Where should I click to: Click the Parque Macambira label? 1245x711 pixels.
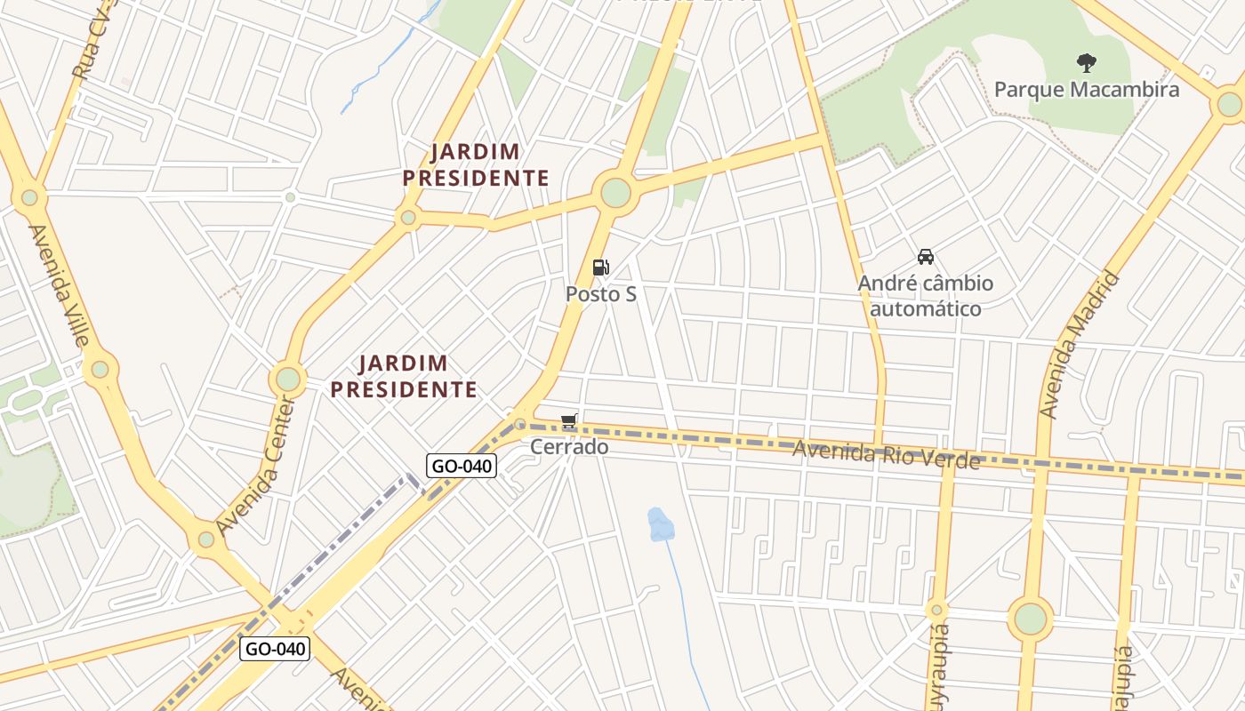click(x=1086, y=89)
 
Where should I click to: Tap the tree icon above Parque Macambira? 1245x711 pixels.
click(x=1086, y=63)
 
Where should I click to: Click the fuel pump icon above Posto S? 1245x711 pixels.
click(x=601, y=268)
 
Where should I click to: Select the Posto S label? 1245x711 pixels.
click(x=601, y=293)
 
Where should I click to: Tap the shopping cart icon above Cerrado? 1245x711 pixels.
click(x=569, y=421)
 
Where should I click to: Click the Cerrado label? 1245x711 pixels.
click(x=569, y=446)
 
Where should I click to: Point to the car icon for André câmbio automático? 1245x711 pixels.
click(x=926, y=258)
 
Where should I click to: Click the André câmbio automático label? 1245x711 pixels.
click(x=926, y=296)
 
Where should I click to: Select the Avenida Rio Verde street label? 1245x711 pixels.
click(x=886, y=455)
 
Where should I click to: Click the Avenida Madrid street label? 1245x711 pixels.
click(x=1078, y=345)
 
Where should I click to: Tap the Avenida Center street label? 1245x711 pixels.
click(x=254, y=466)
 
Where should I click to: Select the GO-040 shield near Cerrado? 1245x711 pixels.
click(x=461, y=466)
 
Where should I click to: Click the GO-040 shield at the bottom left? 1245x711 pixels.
click(x=275, y=649)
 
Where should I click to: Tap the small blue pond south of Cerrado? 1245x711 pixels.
click(x=660, y=524)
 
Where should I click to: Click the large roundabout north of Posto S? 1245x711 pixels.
click(x=615, y=193)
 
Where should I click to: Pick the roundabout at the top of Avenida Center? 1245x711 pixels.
click(x=287, y=379)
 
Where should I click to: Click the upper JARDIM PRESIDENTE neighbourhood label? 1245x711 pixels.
click(x=476, y=164)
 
